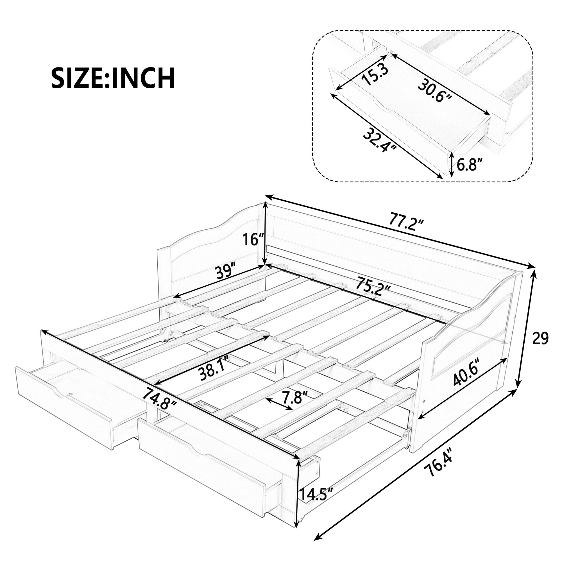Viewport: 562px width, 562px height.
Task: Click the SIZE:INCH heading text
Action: click(x=113, y=78)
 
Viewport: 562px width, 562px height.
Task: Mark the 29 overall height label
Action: click(x=540, y=339)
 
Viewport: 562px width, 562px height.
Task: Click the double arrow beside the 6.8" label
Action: click(x=451, y=165)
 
